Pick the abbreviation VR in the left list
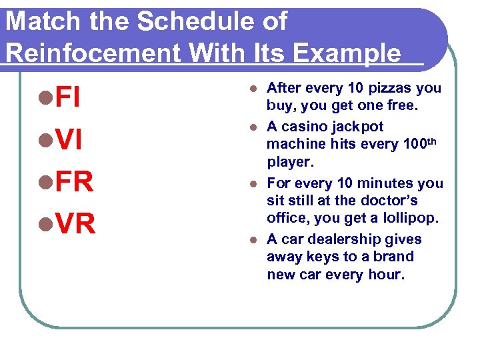pos(76,225)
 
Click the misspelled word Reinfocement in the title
pos(93,53)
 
